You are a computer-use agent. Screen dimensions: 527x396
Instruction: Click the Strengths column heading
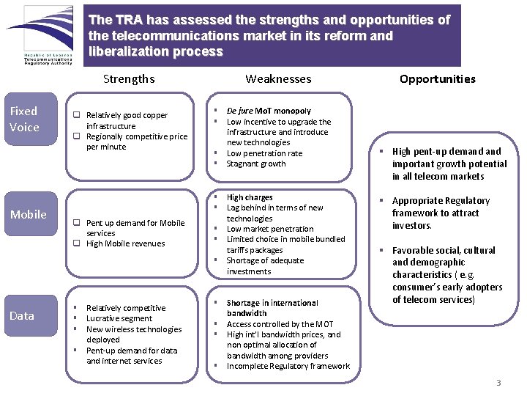click(x=129, y=78)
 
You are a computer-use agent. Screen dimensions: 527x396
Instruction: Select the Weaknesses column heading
click(x=278, y=78)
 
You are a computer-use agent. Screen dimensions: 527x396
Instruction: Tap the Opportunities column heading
click(x=437, y=78)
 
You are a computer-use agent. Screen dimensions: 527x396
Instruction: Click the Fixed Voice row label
click(x=23, y=119)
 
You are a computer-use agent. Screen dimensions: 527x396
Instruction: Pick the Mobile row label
click(x=28, y=214)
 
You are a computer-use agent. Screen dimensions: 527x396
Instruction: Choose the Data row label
click(x=22, y=315)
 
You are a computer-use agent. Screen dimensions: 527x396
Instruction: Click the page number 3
click(x=498, y=382)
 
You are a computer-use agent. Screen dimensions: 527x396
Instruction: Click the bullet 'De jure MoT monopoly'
click(x=269, y=111)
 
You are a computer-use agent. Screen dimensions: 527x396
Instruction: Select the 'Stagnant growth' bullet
click(x=256, y=164)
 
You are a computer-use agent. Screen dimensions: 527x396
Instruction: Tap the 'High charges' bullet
click(x=250, y=197)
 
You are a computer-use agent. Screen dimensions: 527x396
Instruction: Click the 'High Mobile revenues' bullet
click(x=125, y=243)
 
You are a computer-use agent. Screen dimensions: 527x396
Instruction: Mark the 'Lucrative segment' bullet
click(x=119, y=318)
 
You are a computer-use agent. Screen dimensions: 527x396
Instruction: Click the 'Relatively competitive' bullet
click(x=126, y=308)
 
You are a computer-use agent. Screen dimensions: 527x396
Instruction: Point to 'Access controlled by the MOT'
click(x=280, y=324)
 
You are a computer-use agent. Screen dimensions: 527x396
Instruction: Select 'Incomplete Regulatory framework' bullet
click(x=288, y=366)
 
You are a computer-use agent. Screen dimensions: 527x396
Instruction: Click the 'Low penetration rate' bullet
click(x=264, y=153)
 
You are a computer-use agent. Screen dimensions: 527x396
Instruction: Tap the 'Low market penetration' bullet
click(x=269, y=229)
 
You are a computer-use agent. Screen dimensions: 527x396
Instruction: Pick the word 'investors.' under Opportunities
click(x=412, y=225)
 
